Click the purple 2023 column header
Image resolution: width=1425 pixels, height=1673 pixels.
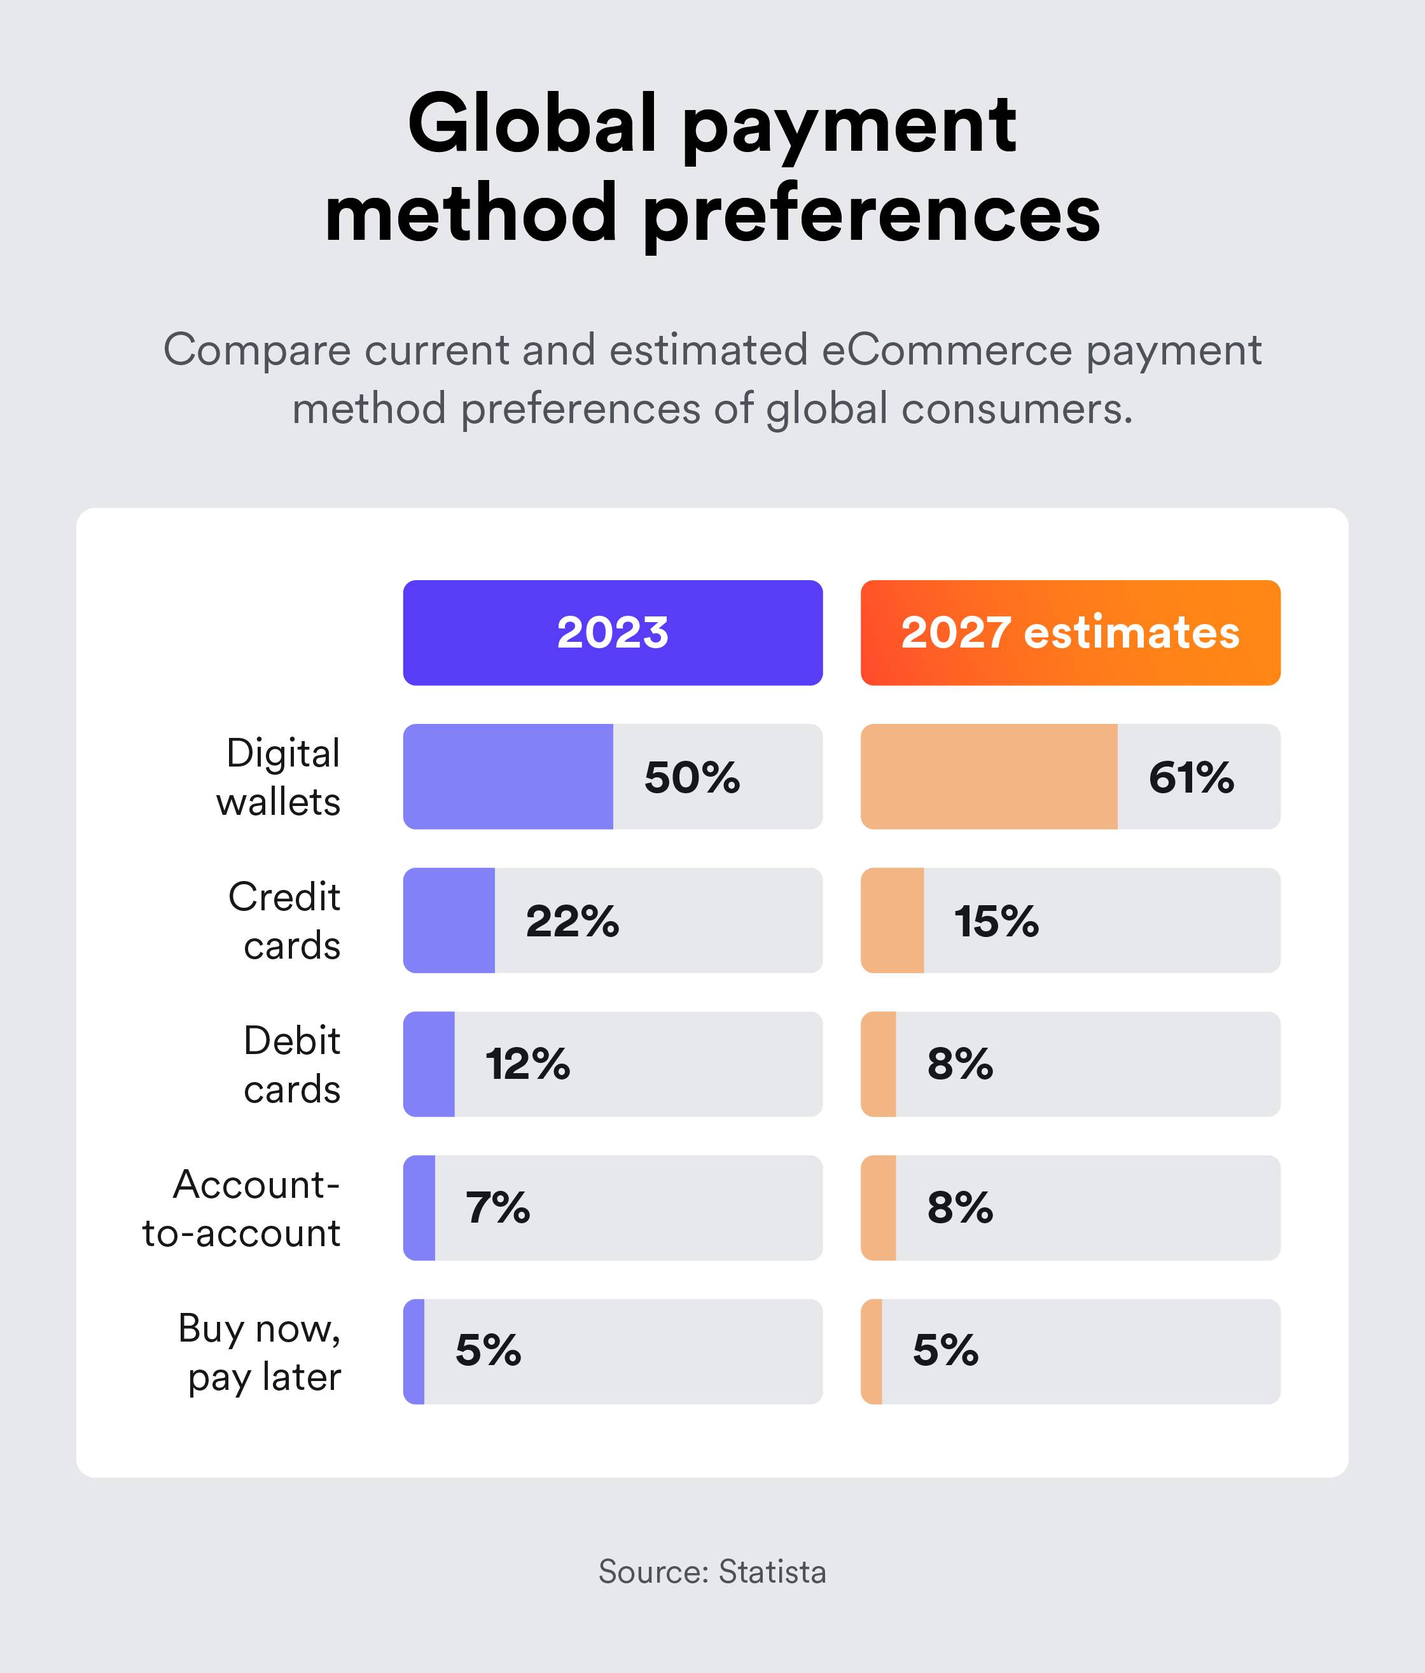click(613, 632)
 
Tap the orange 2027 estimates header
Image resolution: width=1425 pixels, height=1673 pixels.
click(1070, 632)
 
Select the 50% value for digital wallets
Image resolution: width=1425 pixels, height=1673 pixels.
click(692, 777)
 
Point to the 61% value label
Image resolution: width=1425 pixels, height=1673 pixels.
click(1191, 777)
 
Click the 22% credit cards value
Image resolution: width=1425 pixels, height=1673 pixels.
click(572, 921)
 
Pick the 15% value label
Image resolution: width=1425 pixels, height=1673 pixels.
click(996, 921)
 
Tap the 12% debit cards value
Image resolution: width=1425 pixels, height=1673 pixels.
click(527, 1064)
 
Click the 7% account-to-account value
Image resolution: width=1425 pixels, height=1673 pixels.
click(497, 1208)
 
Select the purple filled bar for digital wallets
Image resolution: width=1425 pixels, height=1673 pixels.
click(508, 777)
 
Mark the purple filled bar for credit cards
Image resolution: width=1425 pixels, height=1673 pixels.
click(449, 920)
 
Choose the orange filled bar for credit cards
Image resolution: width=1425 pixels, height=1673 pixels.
click(892, 920)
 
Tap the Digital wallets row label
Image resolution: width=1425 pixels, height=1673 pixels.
click(279, 777)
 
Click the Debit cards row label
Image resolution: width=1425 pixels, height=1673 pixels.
click(291, 1064)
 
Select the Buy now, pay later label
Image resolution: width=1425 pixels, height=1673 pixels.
click(260, 1352)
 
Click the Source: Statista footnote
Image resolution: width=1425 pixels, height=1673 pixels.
click(712, 1572)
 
